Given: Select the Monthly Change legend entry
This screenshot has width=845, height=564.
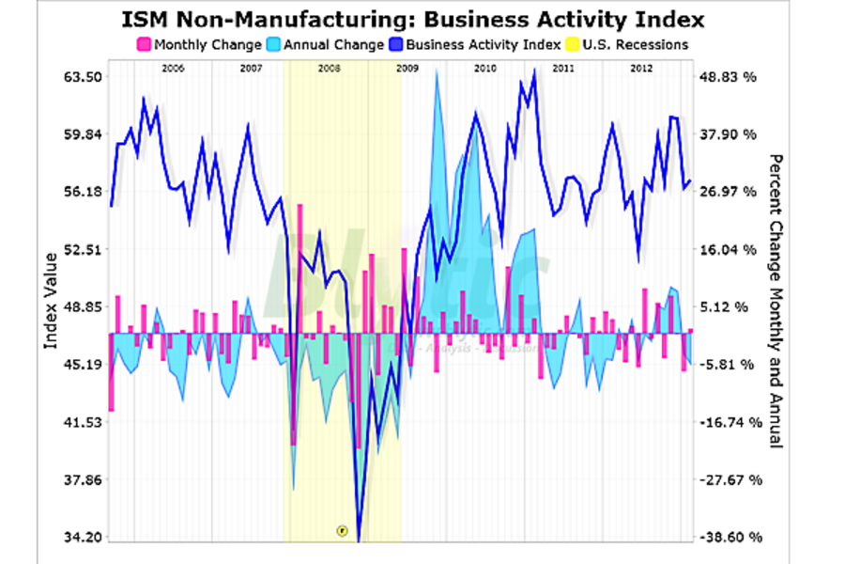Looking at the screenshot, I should (x=199, y=44).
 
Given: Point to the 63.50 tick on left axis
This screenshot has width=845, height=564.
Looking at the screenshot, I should (x=80, y=77).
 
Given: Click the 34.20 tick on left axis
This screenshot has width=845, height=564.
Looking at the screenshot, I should (x=80, y=538).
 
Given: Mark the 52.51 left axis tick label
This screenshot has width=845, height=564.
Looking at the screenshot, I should (x=80, y=249).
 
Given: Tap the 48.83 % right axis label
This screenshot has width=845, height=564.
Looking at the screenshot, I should (x=729, y=77).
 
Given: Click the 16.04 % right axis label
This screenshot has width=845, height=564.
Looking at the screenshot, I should (x=729, y=249).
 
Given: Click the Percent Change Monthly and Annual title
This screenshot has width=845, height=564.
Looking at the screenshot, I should (x=776, y=301).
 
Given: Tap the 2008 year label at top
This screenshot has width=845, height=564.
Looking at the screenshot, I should (x=329, y=69).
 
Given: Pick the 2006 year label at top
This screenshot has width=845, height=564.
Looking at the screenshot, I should (x=172, y=69).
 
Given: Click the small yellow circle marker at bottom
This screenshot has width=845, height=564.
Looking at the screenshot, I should (x=342, y=530).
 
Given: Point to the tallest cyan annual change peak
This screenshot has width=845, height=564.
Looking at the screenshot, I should (x=437, y=73).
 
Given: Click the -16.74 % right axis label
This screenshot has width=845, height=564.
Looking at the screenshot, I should (x=729, y=422).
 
